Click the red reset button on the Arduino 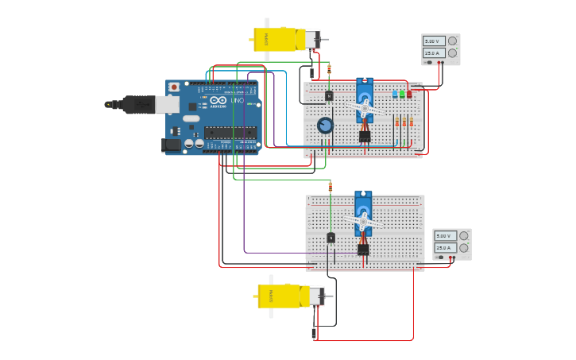[174, 87]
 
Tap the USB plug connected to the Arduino [140, 104]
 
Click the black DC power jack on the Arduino [171, 145]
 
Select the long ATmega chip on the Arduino [230, 133]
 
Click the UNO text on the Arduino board [237, 100]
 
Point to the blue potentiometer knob [325, 126]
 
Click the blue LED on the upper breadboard [395, 94]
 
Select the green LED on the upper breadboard [402, 94]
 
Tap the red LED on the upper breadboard [409, 94]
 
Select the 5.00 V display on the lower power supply [444, 236]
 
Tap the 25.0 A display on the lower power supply [444, 248]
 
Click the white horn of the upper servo [365, 107]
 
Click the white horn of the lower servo [363, 221]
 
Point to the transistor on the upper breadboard [329, 95]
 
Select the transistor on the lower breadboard [331, 238]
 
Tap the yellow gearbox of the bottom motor [283, 296]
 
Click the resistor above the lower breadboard [331, 187]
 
